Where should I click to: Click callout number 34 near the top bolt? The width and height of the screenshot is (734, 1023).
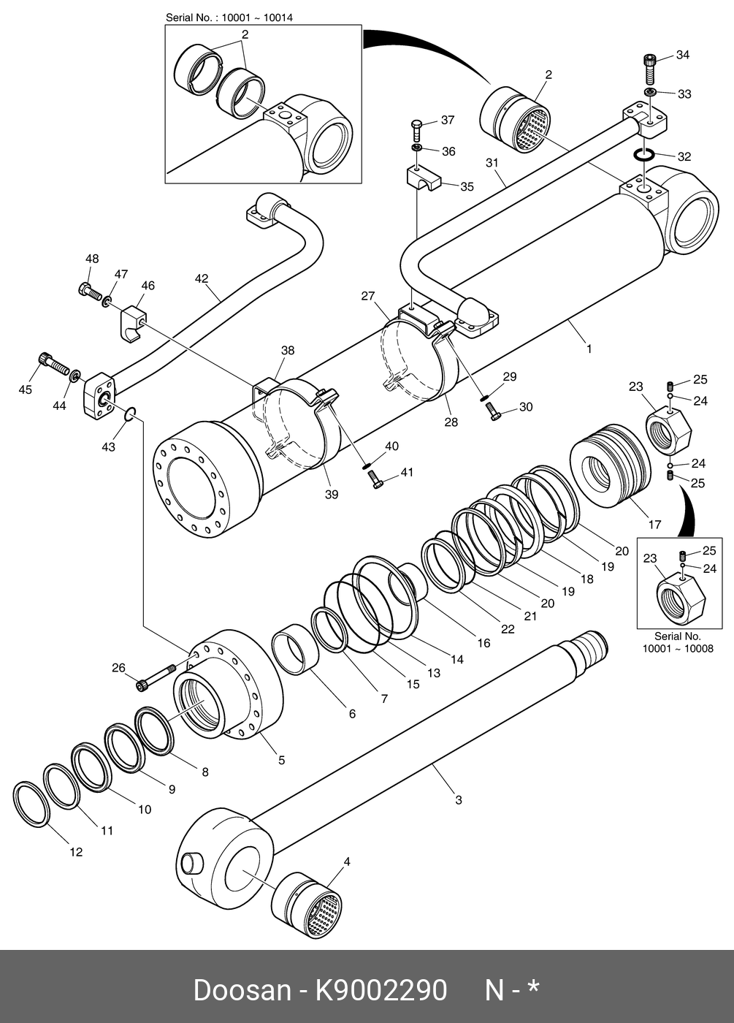pyautogui.click(x=682, y=55)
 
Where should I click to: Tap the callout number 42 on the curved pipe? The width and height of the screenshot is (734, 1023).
pyautogui.click(x=202, y=278)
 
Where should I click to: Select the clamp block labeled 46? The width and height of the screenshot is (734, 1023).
pyautogui.click(x=133, y=323)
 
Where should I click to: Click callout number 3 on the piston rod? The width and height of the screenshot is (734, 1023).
pyautogui.click(x=459, y=800)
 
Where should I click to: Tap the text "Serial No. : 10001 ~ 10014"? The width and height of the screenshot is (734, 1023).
pyautogui.click(x=229, y=18)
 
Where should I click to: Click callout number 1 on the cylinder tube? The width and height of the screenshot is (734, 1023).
pyautogui.click(x=589, y=349)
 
